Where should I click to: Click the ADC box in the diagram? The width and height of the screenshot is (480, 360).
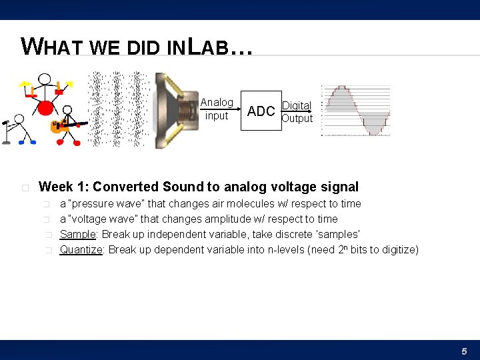(261, 111)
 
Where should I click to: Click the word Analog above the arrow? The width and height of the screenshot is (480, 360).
(217, 103)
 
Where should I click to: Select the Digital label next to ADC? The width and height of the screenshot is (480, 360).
(296, 105)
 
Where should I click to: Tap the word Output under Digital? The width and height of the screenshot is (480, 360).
(297, 119)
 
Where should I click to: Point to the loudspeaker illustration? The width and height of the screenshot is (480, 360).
(175, 110)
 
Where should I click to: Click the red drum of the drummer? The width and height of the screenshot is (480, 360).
(45, 107)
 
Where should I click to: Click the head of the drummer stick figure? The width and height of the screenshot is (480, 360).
(45, 79)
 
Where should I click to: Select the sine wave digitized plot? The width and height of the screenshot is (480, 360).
(355, 111)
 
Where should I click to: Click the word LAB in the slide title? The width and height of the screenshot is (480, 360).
(206, 47)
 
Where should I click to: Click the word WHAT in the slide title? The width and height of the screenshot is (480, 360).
(52, 47)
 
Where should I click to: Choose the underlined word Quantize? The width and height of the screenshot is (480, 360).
(81, 249)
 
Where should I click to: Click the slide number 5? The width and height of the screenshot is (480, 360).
(464, 351)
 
